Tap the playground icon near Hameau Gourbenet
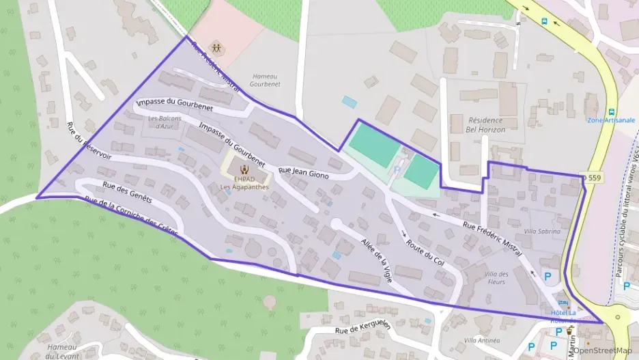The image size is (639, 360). tap(216, 48)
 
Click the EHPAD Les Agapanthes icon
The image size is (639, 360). tap(244, 166)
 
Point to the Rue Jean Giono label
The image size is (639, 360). tap(304, 173)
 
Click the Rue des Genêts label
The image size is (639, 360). tap(127, 194)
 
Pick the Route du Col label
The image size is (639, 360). tap(425, 253)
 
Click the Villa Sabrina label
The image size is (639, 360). tap(541, 232)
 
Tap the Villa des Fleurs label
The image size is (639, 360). tap(496, 278)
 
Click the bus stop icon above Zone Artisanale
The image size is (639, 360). tap(611, 111)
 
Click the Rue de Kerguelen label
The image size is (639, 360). tap(363, 327)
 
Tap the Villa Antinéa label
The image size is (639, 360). tap(482, 340)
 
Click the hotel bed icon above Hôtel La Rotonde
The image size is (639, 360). tap(563, 303)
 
